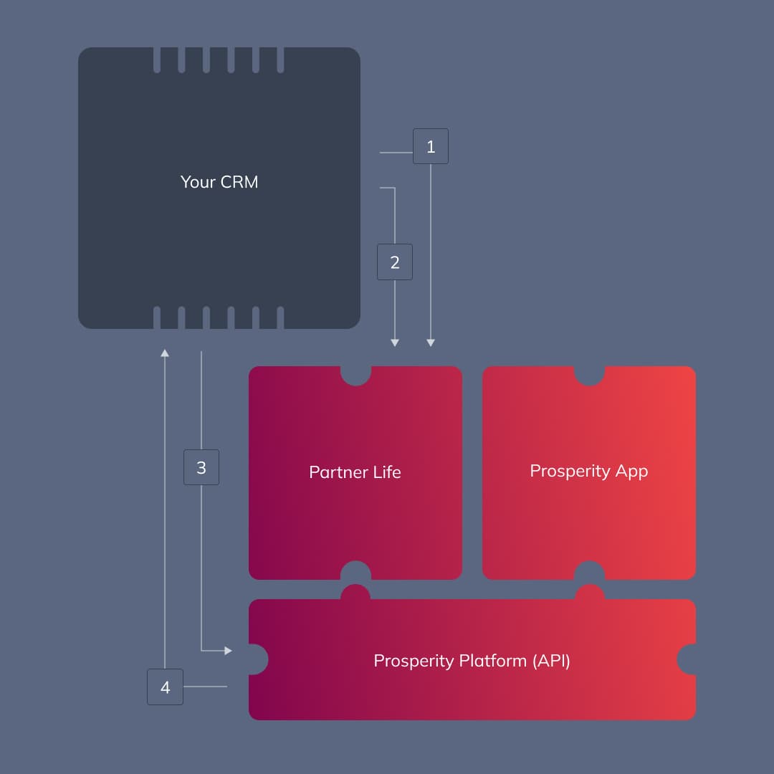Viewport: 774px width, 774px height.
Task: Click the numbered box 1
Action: coord(431,146)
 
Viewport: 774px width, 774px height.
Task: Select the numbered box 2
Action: coord(395,262)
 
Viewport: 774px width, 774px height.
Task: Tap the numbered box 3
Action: coord(201,467)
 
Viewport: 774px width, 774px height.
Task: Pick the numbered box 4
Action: coord(166,687)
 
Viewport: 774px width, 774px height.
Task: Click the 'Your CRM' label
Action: coord(219,182)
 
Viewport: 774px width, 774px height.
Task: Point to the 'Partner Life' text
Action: coord(355,472)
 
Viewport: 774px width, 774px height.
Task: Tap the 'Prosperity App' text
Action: coord(588,471)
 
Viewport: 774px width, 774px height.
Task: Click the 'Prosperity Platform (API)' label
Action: coord(472,660)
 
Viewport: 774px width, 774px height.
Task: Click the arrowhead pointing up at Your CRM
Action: coord(165,353)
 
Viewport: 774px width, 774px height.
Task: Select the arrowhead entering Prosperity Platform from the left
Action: coord(228,651)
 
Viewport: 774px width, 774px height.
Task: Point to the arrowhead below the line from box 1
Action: coord(431,343)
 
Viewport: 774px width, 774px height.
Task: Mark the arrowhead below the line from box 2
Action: coord(395,343)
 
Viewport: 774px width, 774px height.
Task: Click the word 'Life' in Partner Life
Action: coord(387,472)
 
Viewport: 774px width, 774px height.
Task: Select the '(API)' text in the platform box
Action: coord(550,660)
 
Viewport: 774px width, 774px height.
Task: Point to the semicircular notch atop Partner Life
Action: coord(355,374)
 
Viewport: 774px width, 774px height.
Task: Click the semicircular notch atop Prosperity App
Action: coord(589,374)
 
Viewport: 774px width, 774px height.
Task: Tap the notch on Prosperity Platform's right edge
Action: coord(688,659)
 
